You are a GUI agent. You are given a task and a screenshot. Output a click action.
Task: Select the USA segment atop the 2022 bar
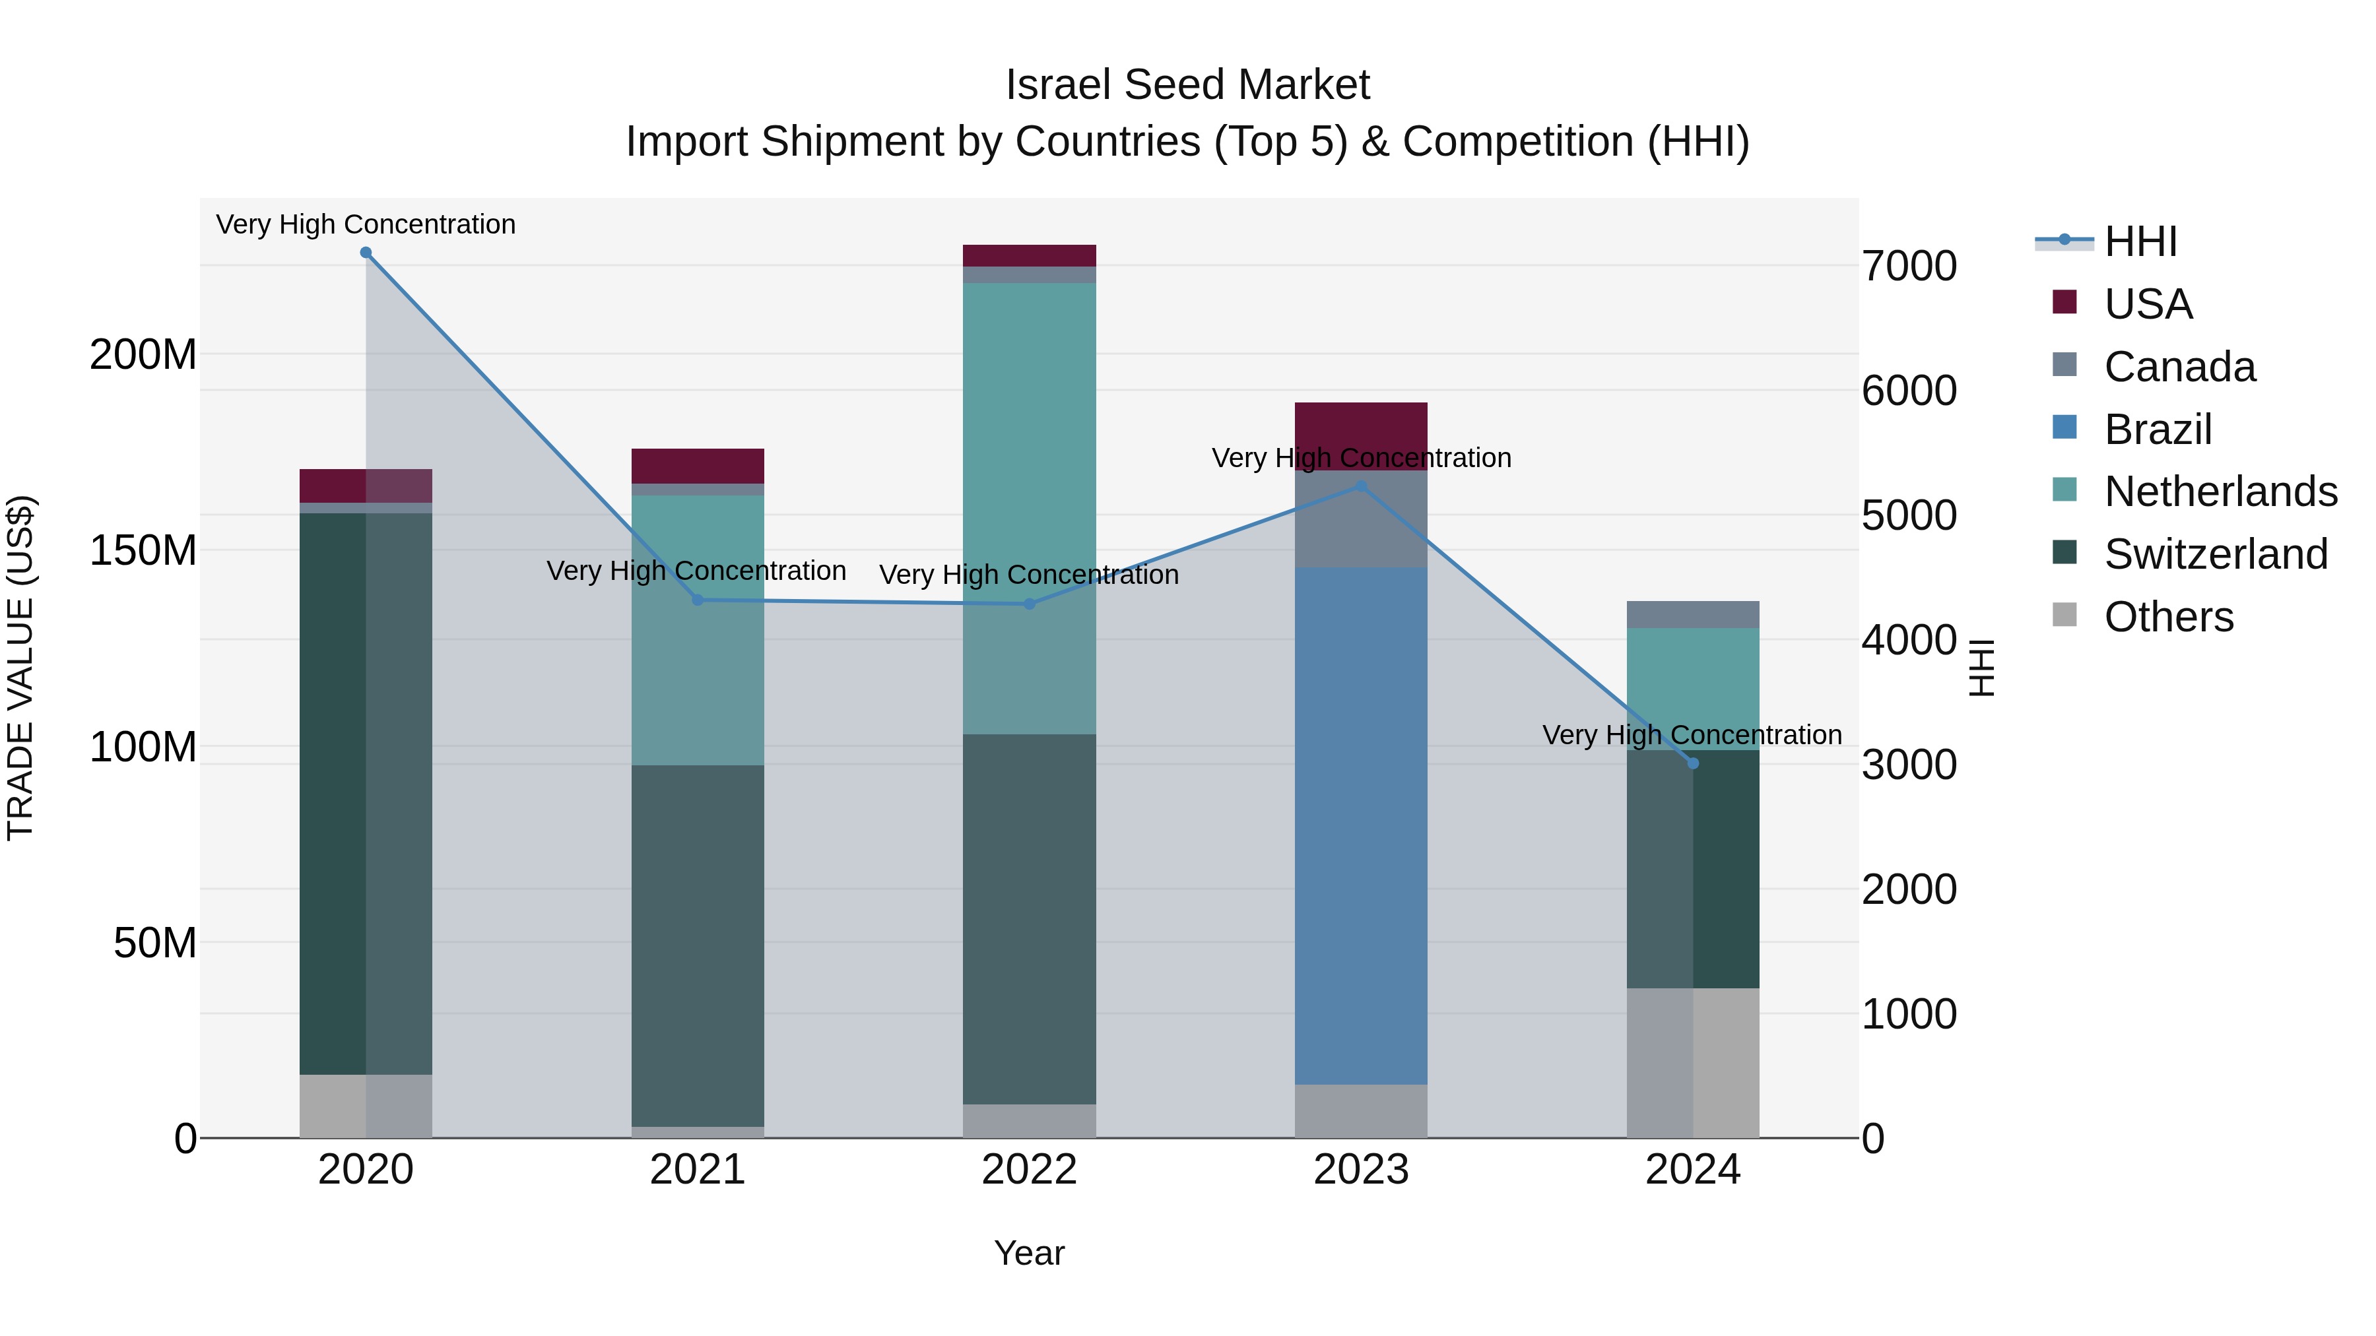[x=1030, y=255]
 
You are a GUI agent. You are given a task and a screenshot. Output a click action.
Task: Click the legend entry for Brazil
[x=2158, y=429]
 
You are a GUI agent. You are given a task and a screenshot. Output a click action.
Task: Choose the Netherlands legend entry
[x=2220, y=492]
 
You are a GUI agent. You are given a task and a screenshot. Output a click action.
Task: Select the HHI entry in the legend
[x=2140, y=241]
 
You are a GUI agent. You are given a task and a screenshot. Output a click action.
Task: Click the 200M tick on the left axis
[x=143, y=354]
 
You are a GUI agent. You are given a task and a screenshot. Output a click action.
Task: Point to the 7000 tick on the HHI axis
[x=1908, y=267]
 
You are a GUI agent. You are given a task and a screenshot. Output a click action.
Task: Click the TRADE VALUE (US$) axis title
[x=20, y=668]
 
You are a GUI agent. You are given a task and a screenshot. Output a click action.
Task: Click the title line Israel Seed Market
[x=1187, y=85]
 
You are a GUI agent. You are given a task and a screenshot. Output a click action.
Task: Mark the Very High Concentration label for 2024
[x=1692, y=735]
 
